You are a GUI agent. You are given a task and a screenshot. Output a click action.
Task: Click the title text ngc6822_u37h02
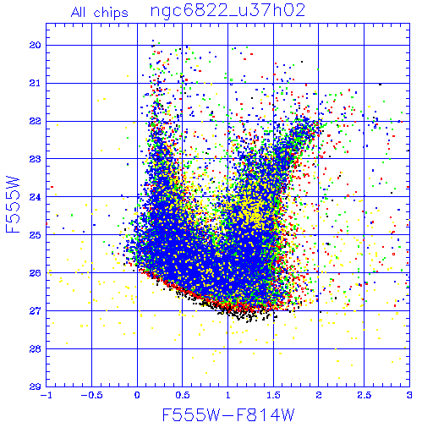pos(227,11)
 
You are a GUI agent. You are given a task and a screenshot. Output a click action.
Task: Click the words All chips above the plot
pos(100,13)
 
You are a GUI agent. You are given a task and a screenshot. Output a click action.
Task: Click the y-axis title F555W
pos(13,205)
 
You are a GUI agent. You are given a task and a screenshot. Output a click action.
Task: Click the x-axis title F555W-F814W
pos(228,415)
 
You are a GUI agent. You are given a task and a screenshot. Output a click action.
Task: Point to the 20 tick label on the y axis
pos(35,45)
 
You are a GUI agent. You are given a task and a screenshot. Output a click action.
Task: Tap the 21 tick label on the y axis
pos(35,83)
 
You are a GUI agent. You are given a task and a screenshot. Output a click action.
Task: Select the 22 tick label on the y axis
pos(35,121)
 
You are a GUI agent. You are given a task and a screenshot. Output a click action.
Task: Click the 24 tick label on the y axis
pos(35,197)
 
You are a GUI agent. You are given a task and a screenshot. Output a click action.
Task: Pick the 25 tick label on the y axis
pos(35,235)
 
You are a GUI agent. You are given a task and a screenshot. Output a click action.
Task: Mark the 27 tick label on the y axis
pos(35,311)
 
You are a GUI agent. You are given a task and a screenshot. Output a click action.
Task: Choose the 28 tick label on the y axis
pos(35,349)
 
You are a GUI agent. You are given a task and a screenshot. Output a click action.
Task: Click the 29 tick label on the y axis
pos(35,386)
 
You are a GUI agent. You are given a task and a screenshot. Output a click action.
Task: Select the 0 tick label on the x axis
pos(137,395)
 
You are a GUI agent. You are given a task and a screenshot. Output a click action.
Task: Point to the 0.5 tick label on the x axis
pos(183,395)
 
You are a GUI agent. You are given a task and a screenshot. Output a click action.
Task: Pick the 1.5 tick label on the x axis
pos(273,395)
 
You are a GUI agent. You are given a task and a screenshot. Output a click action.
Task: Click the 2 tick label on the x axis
pos(319,395)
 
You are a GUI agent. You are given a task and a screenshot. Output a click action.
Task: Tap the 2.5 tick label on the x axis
pos(364,395)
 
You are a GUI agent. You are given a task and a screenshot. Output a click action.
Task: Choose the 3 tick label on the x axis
pos(409,395)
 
